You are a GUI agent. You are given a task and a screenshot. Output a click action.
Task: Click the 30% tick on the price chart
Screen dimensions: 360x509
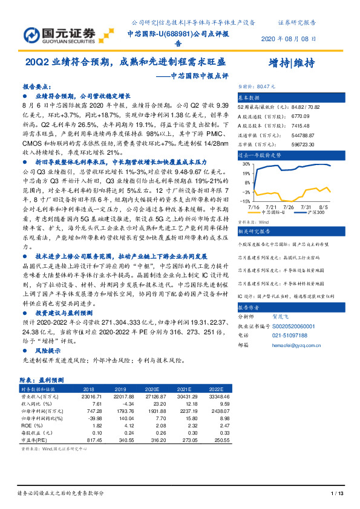[x=246, y=164]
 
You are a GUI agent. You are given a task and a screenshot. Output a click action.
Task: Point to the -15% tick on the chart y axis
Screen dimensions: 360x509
[x=246, y=201]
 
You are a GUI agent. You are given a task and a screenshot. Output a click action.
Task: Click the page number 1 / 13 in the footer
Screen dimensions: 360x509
[x=338, y=494]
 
